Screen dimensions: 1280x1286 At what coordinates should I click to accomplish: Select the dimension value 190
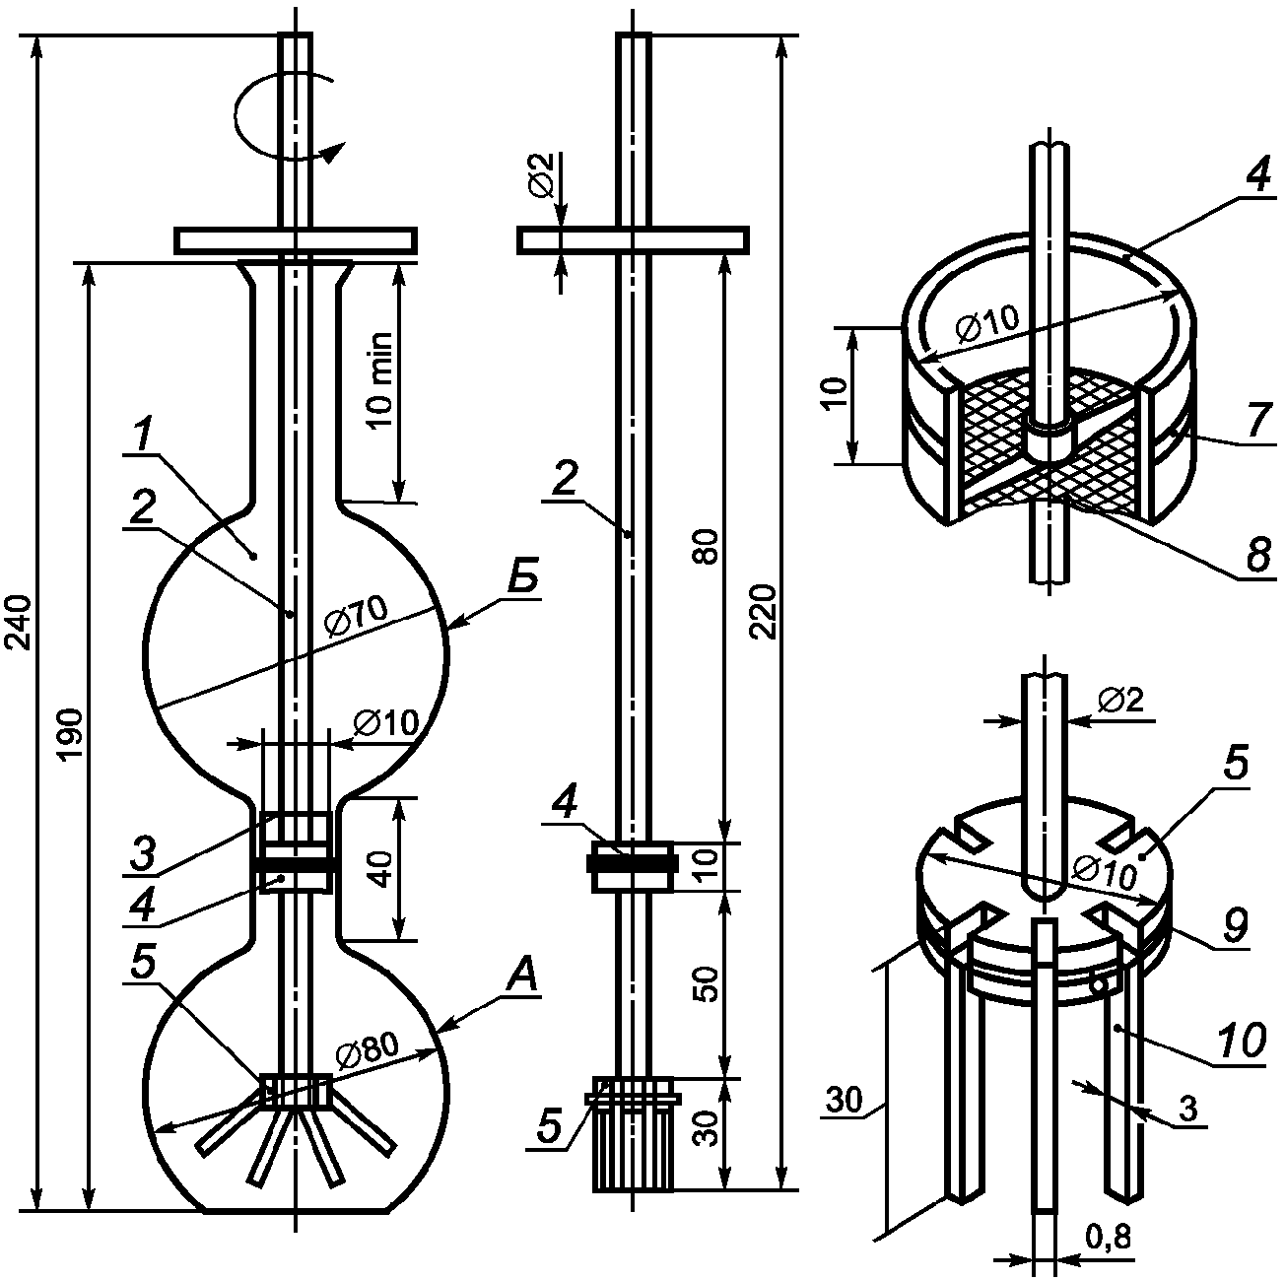70,733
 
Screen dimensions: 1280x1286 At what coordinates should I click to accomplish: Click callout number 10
1239,1041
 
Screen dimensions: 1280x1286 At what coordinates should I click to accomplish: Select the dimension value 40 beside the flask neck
382,868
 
